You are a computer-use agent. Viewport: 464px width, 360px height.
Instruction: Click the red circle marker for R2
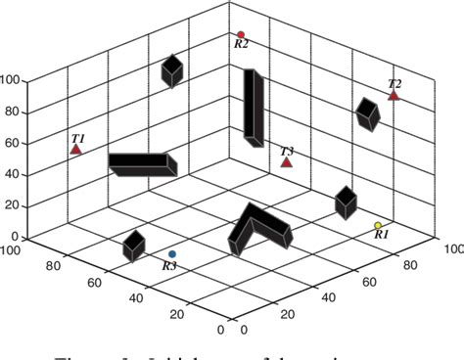[x=240, y=34]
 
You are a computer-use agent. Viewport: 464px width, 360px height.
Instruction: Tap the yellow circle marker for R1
[x=378, y=226]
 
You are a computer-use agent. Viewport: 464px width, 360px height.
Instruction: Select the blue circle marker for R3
[x=172, y=254]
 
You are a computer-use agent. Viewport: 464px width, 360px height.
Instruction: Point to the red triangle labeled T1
[x=76, y=150]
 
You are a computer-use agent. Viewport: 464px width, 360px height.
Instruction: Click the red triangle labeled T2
[x=394, y=96]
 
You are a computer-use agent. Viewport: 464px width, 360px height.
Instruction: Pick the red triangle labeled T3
[x=286, y=162]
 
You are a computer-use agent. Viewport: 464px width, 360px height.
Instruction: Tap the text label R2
[x=241, y=44]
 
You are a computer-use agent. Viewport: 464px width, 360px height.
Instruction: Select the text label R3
[x=169, y=265]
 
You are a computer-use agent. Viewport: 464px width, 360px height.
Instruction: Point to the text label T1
[x=78, y=138]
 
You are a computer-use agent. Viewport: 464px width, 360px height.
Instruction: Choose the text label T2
[x=394, y=84]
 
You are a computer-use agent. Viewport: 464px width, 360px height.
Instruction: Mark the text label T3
[x=287, y=151]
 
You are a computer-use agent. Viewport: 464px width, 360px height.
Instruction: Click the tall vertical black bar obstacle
[x=254, y=108]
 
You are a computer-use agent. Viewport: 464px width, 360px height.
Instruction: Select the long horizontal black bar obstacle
[x=142, y=163]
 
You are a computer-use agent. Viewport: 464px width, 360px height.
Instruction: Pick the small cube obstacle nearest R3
[x=133, y=246]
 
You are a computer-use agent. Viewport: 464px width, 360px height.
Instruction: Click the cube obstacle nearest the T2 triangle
[x=367, y=113]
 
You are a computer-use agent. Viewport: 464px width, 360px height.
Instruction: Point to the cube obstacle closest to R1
[x=346, y=202]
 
